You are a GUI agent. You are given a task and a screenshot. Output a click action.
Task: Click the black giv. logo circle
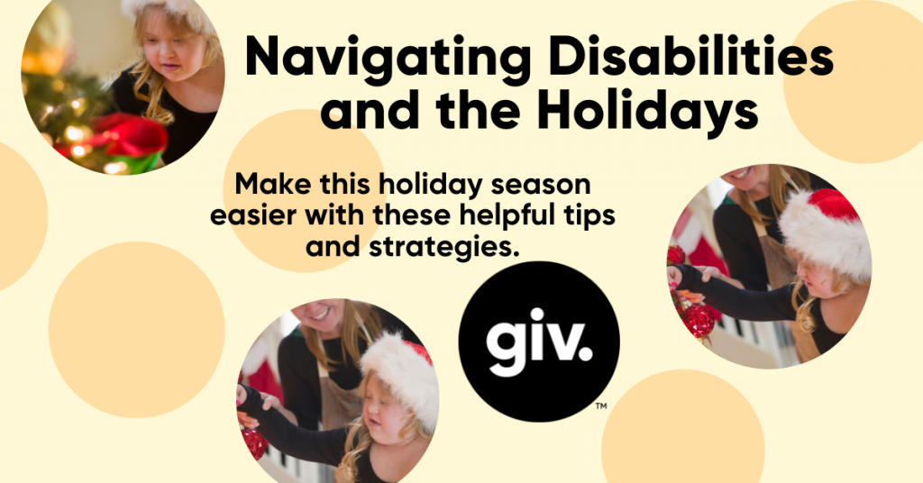(x=539, y=342)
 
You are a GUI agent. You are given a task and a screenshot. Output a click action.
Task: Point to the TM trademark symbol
(x=601, y=407)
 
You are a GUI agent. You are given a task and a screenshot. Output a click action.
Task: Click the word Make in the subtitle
(x=267, y=187)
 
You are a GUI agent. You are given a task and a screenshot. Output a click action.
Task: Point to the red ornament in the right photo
(x=699, y=320)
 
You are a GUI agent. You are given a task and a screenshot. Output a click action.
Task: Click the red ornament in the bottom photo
(x=254, y=442)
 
